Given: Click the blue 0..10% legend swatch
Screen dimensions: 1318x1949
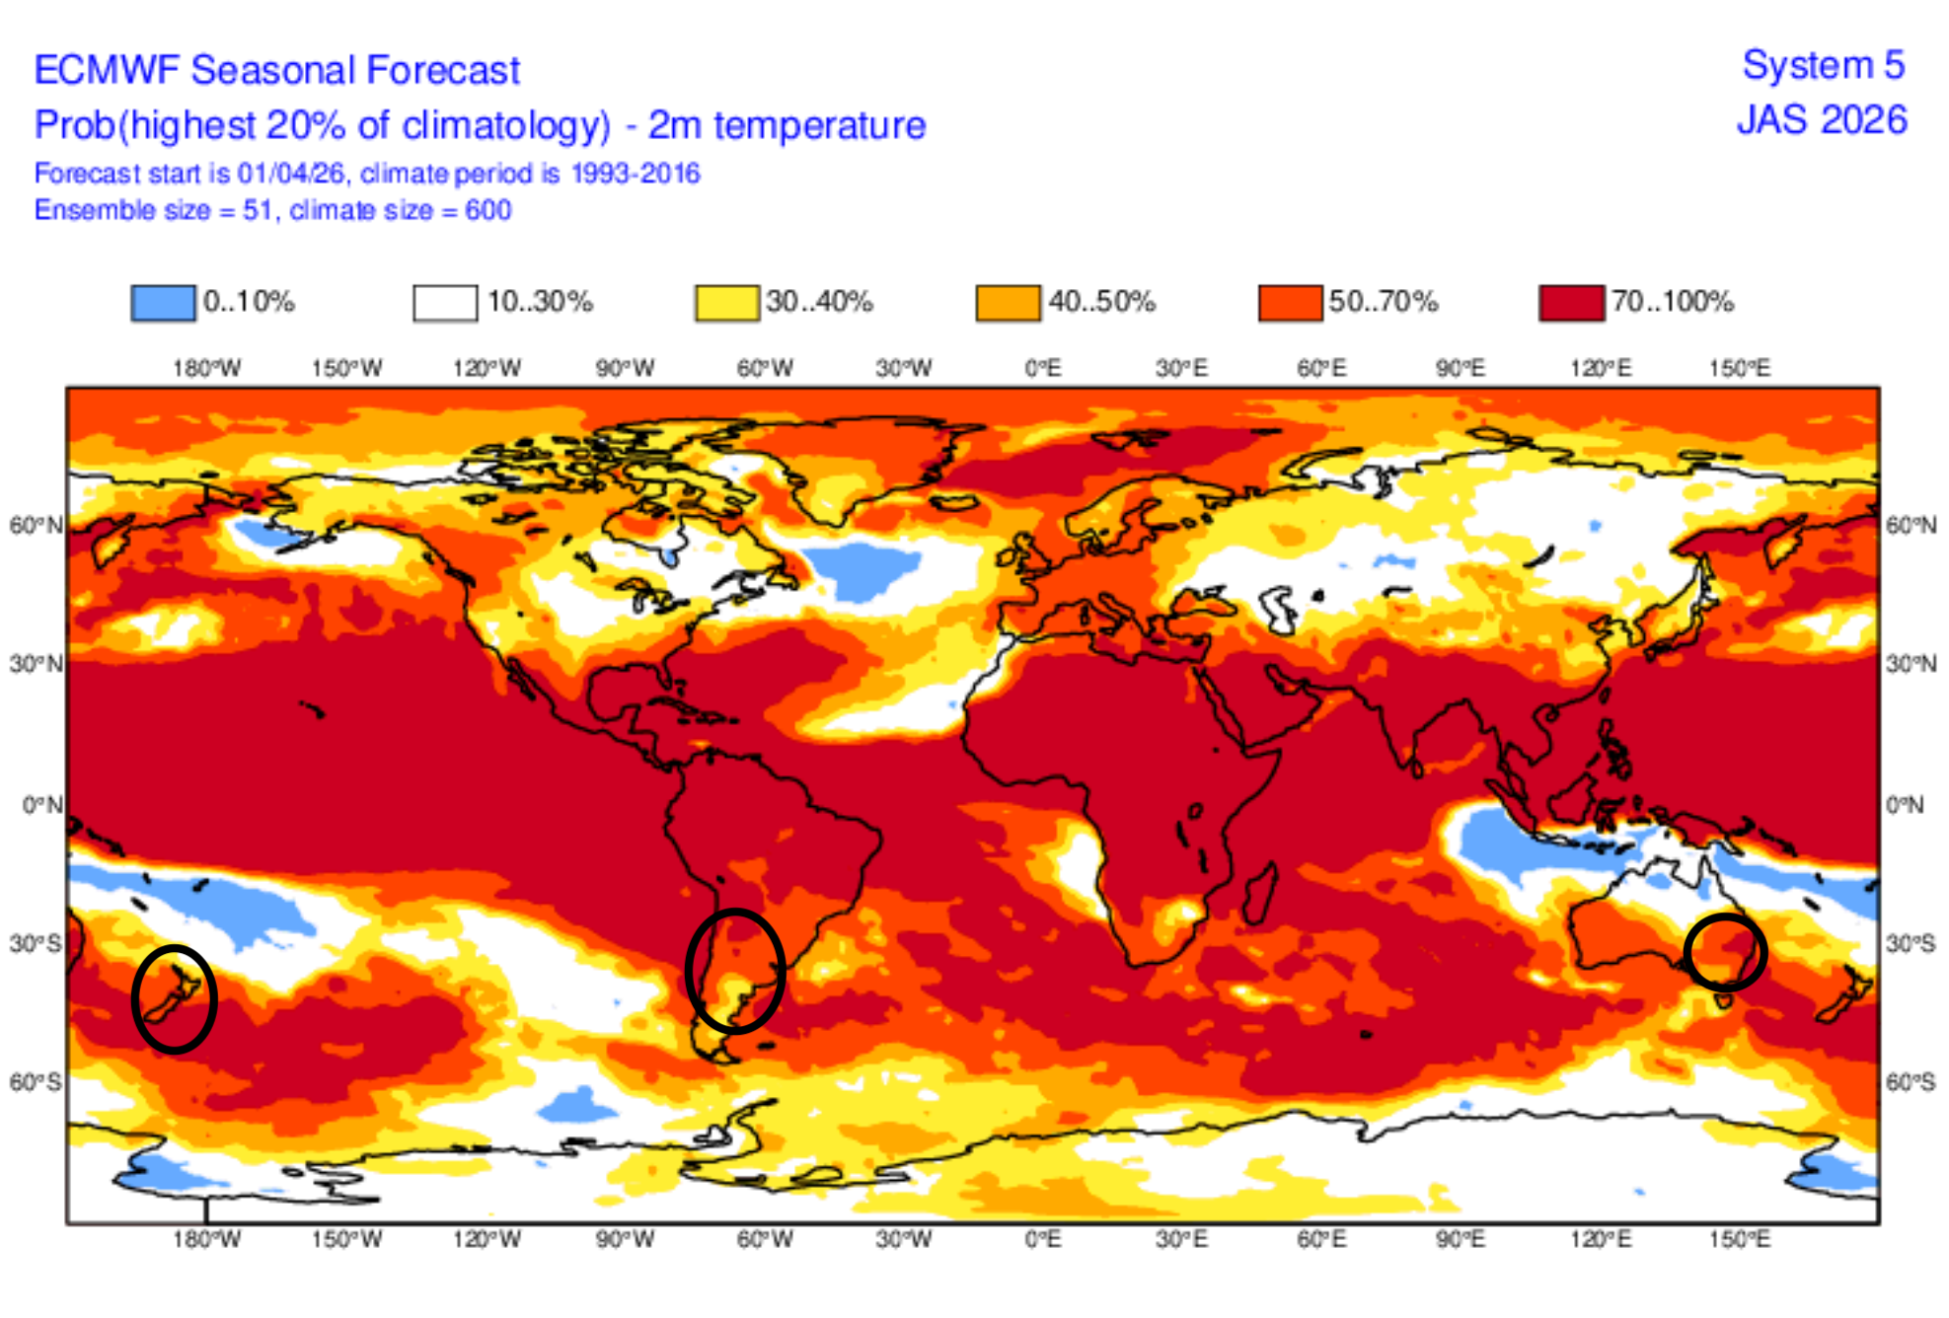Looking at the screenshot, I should point(163,303).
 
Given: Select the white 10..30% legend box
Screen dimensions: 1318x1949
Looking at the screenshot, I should point(445,303).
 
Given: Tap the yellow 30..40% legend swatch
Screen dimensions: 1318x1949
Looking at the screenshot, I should point(727,303).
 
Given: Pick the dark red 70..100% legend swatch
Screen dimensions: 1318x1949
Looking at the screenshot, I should point(1571,303).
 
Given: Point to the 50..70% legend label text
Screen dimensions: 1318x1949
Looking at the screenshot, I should point(1383,302).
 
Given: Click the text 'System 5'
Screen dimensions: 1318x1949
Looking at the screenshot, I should point(1823,66).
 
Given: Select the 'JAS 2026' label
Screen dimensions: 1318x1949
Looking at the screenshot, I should point(1822,120).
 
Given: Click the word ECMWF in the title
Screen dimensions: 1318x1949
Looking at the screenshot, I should point(107,71).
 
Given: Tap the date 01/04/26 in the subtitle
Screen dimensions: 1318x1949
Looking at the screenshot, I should point(290,174).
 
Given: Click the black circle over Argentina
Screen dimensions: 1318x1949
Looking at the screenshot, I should point(735,971).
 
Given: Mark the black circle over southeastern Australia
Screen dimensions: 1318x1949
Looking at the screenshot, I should point(1725,952).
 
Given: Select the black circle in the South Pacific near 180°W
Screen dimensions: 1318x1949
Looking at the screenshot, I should point(175,999).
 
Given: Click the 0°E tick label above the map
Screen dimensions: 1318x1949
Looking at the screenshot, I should point(1042,369).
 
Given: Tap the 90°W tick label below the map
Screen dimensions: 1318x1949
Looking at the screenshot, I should point(625,1239).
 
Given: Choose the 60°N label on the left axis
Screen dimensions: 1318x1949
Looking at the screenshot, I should point(36,526).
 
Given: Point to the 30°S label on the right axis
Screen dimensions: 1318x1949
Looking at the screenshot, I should point(1911,944).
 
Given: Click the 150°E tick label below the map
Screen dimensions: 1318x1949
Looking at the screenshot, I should point(1739,1239).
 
